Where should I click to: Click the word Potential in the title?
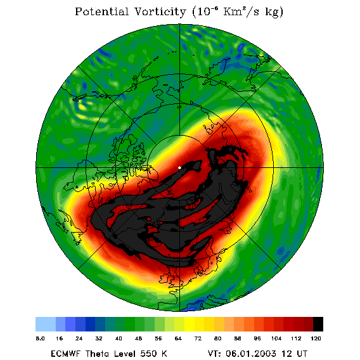(101, 11)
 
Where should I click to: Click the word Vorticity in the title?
(160, 11)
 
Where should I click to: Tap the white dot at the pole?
(179, 168)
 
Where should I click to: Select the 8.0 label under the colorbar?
(40, 338)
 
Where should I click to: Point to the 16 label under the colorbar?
(60, 338)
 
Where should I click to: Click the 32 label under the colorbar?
(99, 338)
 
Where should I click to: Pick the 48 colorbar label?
(138, 338)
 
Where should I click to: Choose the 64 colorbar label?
(178, 338)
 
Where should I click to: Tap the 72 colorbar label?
(198, 338)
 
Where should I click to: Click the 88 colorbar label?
(238, 338)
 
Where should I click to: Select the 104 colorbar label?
(276, 338)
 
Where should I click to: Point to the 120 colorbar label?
(316, 338)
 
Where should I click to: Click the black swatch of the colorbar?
(318, 324)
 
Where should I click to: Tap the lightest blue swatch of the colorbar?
(46, 324)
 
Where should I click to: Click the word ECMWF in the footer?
(65, 353)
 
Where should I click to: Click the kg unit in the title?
(273, 13)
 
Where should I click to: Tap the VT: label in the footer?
(215, 353)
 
